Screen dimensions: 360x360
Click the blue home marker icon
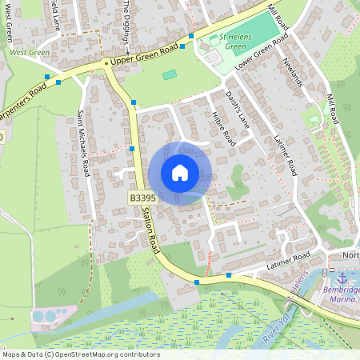click(180, 173)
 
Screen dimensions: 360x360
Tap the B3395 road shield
click(142, 198)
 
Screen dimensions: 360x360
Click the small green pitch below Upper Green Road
click(170, 74)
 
